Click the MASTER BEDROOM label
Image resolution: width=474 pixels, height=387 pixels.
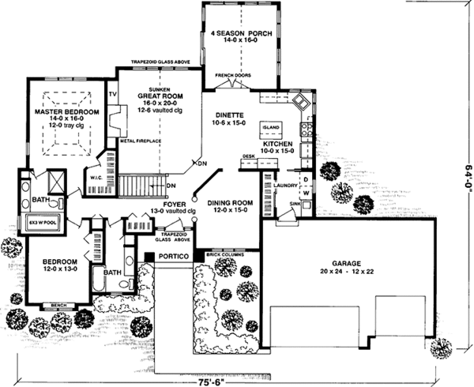click(x=59, y=112)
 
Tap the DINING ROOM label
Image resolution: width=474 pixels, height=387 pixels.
click(x=230, y=202)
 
